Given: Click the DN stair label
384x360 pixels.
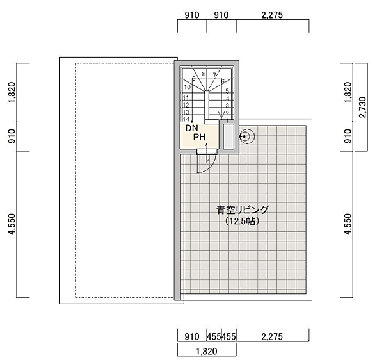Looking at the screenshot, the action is [192, 128].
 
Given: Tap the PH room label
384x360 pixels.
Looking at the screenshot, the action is [199, 137].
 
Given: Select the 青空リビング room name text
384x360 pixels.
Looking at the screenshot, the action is [243, 209].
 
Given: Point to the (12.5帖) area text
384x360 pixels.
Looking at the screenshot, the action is [242, 221].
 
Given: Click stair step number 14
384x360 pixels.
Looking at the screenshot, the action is [186, 119].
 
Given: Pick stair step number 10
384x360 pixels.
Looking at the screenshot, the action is [188, 87].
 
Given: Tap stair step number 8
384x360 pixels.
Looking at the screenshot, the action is [204, 74].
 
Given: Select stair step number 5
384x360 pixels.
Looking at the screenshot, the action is [227, 91].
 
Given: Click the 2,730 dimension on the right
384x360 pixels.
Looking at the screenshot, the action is [363, 107].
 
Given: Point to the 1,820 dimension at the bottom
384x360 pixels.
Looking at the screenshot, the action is [207, 352].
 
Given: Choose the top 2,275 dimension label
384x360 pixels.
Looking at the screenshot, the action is [272, 15].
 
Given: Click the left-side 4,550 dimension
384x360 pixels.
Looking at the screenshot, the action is [12, 224].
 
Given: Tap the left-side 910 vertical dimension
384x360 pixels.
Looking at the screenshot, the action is [12, 136].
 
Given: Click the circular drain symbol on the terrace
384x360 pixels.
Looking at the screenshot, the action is [247, 136].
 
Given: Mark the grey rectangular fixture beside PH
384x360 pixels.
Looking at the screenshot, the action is [228, 136].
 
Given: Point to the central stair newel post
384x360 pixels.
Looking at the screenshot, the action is [207, 104].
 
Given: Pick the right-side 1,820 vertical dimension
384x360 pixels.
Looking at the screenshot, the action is [348, 92].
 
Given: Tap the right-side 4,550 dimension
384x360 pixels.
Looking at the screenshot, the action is [348, 224].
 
